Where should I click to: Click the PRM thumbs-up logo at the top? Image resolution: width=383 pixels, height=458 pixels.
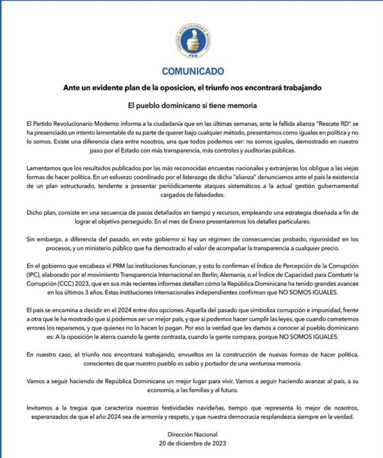point(193,40)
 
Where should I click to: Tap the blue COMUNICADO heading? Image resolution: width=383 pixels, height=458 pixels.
point(193,71)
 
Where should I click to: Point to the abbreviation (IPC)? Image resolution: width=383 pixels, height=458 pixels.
point(33,275)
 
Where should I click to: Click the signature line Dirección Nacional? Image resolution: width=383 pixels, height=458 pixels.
point(193,435)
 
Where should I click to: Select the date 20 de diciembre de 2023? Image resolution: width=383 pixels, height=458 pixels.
point(193,443)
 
